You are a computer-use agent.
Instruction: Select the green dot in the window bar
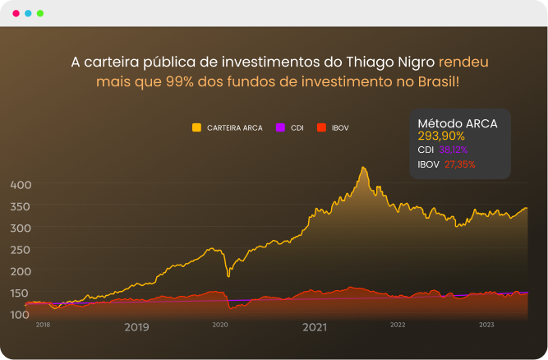pos(40,14)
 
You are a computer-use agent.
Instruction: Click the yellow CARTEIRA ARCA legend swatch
pos(196,127)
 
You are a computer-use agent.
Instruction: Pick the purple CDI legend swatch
pos(280,127)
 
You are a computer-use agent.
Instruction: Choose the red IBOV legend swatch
pos(321,127)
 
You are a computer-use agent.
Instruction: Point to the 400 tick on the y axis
pos(20,185)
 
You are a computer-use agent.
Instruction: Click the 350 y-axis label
pos(20,206)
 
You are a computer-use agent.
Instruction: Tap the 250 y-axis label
pos(20,250)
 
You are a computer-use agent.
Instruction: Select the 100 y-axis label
pos(20,314)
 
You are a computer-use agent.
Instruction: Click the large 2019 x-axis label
pos(136,327)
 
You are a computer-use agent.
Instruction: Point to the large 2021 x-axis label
pos(315,327)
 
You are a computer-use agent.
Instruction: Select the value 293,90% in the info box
pos(441,136)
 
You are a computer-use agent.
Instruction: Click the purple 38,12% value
pos(453,150)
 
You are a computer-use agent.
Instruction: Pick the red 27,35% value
pos(459,164)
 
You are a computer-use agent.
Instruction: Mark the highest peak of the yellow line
pos(362,168)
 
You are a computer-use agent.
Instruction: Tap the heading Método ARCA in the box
pos(458,123)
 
